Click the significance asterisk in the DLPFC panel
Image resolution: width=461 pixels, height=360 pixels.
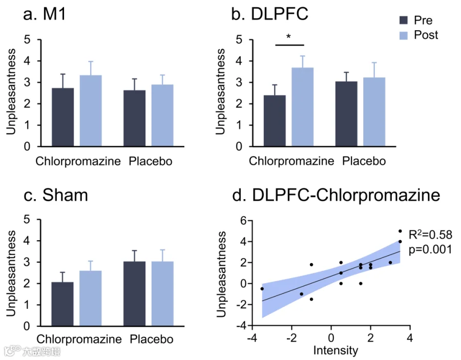coord(288,37)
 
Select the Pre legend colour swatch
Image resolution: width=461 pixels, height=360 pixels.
coord(404,20)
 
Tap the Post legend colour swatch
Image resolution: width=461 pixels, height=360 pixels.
coord(404,35)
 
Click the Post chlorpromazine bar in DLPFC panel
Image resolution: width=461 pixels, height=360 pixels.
coord(303,107)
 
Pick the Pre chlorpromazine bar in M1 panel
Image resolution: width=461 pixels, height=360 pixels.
coord(63,117)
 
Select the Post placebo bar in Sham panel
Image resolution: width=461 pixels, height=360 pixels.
coord(162,294)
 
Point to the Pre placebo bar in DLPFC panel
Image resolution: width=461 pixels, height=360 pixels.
coord(346,114)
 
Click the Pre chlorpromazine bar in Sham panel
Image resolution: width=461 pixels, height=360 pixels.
coord(62,304)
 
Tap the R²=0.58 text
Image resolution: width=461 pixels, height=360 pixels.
coord(430,235)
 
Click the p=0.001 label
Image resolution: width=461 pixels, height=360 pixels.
coord(430,249)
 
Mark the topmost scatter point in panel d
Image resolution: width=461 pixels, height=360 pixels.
coord(400,231)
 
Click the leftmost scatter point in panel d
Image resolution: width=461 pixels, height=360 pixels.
coord(262,289)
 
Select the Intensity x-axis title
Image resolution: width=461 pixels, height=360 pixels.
coord(336,350)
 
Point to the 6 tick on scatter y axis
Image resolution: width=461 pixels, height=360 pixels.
coord(243,220)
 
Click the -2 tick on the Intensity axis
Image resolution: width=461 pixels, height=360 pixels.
coord(291,338)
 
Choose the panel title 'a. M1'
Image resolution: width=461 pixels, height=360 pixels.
coord(45,14)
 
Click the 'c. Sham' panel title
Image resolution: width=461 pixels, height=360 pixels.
coord(56,195)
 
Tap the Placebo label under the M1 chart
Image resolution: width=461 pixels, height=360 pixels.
coord(151,161)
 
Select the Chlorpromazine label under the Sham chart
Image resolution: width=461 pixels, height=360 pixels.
coord(79,339)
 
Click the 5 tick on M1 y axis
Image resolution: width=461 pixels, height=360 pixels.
coord(27,39)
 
